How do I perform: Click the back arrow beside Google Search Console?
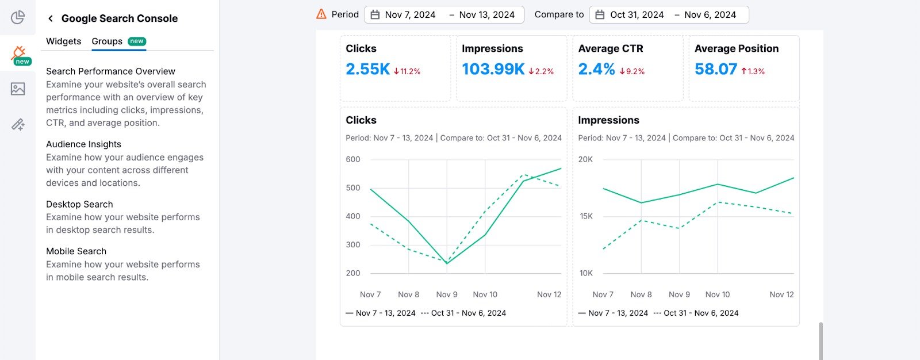[51, 18]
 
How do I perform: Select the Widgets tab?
[63, 41]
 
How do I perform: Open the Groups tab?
[107, 41]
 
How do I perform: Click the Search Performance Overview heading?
[110, 71]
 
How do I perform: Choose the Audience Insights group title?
[83, 144]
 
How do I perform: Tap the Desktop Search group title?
[79, 204]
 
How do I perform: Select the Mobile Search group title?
[76, 251]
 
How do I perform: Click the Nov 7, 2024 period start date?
[410, 15]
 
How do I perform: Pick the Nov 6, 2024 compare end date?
[710, 15]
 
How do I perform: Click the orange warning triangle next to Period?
[321, 14]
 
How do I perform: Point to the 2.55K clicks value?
[367, 70]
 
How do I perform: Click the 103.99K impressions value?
[493, 70]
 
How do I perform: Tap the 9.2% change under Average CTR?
[632, 72]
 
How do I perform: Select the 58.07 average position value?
[715, 70]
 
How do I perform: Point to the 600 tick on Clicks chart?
[353, 159]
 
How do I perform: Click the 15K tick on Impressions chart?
[586, 216]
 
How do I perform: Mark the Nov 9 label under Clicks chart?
[447, 294]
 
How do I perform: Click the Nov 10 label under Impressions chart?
[717, 294]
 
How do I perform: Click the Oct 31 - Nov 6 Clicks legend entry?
[463, 313]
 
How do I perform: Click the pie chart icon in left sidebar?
[18, 17]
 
